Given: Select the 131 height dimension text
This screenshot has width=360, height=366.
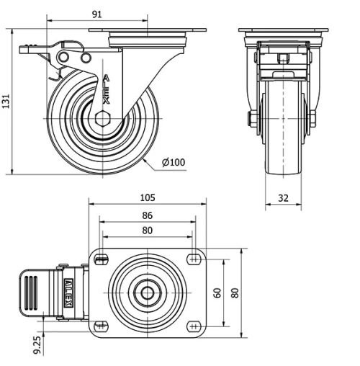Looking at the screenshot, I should (x=7, y=102).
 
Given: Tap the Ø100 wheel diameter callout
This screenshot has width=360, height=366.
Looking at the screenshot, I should (x=174, y=162).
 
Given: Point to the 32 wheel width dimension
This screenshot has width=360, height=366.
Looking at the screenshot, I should (x=282, y=197).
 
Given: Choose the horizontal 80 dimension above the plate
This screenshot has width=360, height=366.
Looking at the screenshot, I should (x=147, y=231).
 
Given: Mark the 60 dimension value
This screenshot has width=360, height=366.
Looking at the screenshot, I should (x=217, y=293).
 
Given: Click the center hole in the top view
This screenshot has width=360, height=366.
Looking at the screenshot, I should (x=147, y=293).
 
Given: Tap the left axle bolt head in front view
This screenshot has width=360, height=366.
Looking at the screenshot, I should (x=252, y=118).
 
